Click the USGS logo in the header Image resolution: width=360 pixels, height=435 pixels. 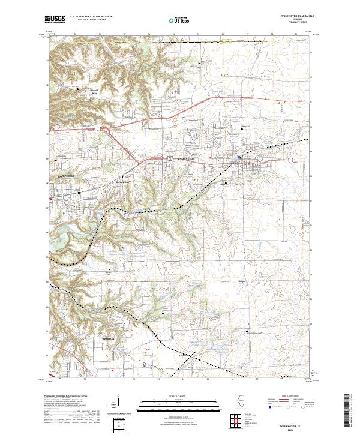[56, 20]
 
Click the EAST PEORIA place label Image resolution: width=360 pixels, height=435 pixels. [67, 178]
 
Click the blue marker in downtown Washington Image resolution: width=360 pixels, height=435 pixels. [239, 158]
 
